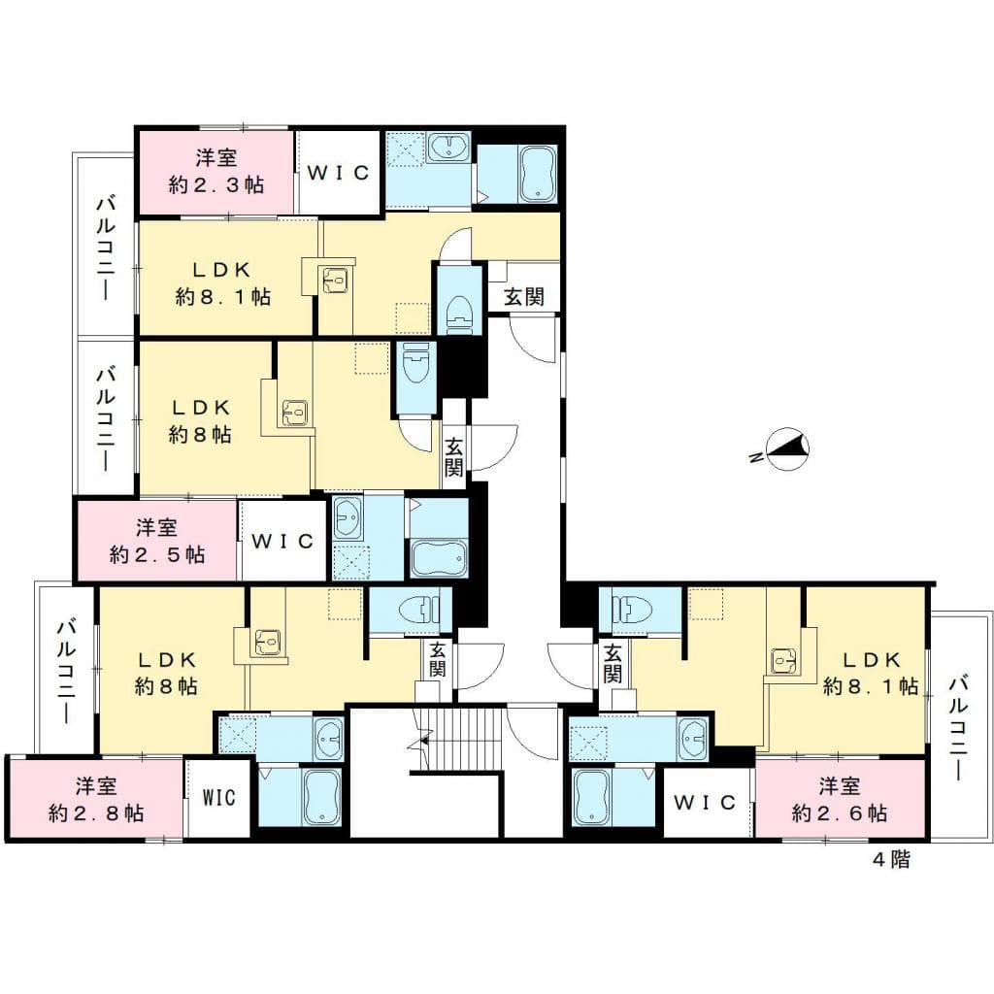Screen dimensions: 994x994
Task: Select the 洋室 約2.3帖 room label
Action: pos(215,171)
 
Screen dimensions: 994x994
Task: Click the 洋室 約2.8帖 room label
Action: pos(96,799)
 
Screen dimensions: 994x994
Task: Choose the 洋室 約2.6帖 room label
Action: pos(839,799)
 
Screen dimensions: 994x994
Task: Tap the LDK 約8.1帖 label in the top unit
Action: pos(222,282)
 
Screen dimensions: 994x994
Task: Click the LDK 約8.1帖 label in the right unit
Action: pos(871,673)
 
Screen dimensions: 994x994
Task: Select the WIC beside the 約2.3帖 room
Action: pos(338,173)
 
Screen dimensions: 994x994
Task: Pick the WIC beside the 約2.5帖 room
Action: pos(282,541)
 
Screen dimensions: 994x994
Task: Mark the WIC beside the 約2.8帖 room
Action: pos(219,798)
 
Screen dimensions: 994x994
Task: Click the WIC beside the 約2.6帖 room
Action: pos(708,803)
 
